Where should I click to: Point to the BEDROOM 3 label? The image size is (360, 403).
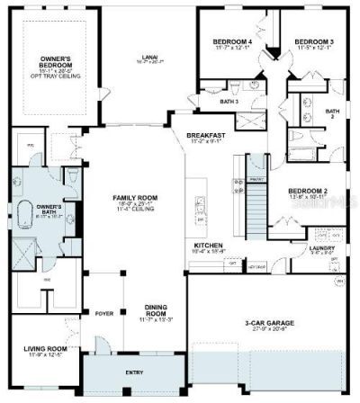[x=314, y=41]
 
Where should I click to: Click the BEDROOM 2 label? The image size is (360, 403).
[x=306, y=190]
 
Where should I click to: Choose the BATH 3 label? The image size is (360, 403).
[x=229, y=102]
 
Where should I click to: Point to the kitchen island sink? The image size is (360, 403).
[x=197, y=219]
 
